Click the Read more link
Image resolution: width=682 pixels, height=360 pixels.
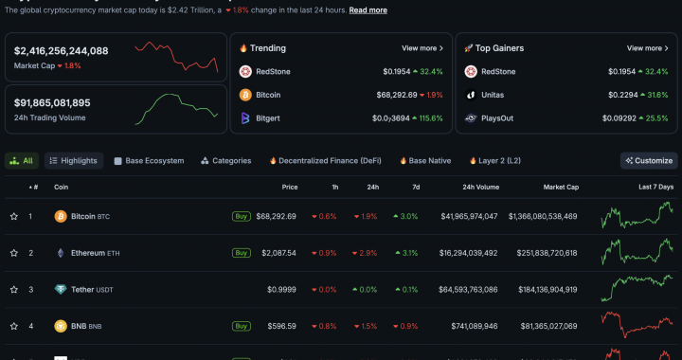pos(368,10)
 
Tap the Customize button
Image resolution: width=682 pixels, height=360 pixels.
pos(649,161)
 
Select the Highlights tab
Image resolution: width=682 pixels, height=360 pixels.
pos(74,161)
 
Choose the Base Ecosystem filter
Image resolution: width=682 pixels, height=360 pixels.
pos(149,161)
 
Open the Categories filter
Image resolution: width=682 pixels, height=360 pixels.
pos(225,161)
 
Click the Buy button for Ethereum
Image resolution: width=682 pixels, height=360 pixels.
pos(242,253)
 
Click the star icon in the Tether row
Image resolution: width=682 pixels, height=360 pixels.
pos(14,289)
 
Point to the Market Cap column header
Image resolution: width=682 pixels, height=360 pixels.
pos(561,187)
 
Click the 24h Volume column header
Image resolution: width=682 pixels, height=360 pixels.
pos(480,187)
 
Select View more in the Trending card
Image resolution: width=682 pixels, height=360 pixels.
pos(422,48)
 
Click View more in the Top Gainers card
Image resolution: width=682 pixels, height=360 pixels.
pos(648,48)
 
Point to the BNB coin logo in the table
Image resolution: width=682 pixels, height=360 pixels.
pos(61,326)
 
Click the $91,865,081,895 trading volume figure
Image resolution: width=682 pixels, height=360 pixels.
pos(52,102)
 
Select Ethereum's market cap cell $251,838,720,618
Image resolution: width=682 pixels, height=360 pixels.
pos(535,253)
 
